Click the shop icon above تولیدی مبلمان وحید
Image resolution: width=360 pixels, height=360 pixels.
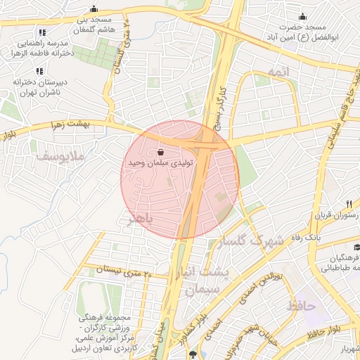click(161, 151)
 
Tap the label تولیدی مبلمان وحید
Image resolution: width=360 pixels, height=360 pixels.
click(160, 162)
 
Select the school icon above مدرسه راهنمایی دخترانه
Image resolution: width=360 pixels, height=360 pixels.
click(42, 32)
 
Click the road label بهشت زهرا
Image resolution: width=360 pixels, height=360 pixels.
click(67, 125)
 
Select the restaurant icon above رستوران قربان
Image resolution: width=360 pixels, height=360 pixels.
click(329, 204)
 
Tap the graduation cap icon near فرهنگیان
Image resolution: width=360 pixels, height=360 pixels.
click(358, 247)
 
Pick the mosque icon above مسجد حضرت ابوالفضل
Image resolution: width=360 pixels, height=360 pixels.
click(303, 18)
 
